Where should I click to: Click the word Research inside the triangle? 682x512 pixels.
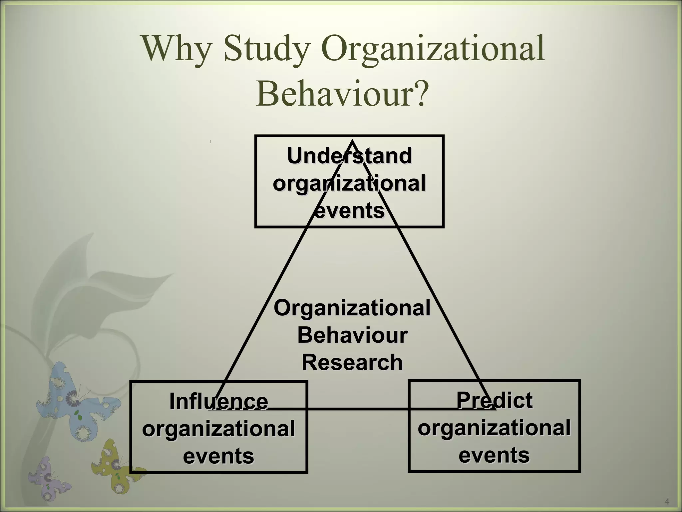point(352,362)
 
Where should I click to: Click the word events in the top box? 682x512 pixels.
point(349,211)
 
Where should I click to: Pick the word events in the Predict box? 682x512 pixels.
point(494,455)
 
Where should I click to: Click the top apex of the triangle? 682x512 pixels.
point(352,142)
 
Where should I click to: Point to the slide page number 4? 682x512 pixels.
point(667,501)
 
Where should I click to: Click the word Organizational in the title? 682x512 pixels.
point(433,49)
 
